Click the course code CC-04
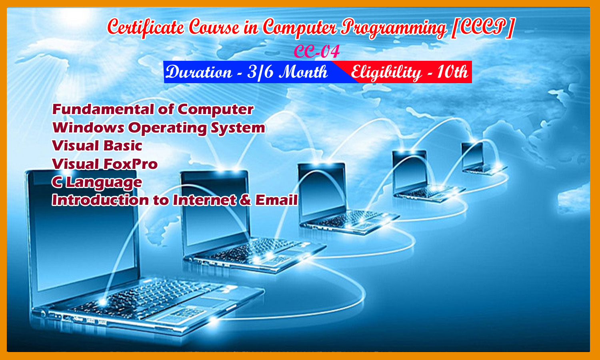pyautogui.click(x=317, y=52)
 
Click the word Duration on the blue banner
pyautogui.click(x=199, y=72)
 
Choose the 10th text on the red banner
pyautogui.click(x=452, y=72)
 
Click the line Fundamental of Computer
pyautogui.click(x=153, y=109)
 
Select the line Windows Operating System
pyautogui.click(x=159, y=128)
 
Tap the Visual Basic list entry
pyautogui.click(x=97, y=146)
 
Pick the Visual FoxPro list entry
pyautogui.click(x=105, y=164)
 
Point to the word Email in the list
pyautogui.click(x=276, y=200)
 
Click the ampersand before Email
pyautogui.click(x=245, y=200)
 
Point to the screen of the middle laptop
pyautogui.click(x=322, y=190)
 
